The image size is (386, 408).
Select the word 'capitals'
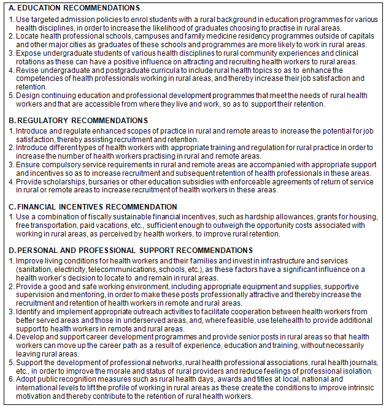point(361,36)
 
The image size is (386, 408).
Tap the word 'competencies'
point(39,78)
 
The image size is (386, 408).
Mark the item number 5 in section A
point(11,96)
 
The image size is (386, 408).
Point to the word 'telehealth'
point(288,320)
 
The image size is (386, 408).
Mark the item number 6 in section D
point(11,380)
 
